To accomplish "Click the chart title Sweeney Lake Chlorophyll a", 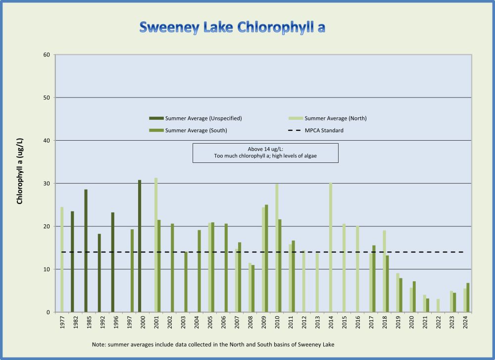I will (232, 27).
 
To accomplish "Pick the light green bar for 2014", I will (331, 248).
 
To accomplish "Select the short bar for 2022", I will (438, 306).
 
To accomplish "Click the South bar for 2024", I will (468, 298).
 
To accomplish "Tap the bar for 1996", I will (113, 262).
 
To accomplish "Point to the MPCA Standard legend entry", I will (324, 130).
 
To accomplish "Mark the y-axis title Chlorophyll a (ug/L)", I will (20, 171).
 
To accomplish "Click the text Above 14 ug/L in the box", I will (265, 149).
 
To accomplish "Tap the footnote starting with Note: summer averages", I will (213, 344).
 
